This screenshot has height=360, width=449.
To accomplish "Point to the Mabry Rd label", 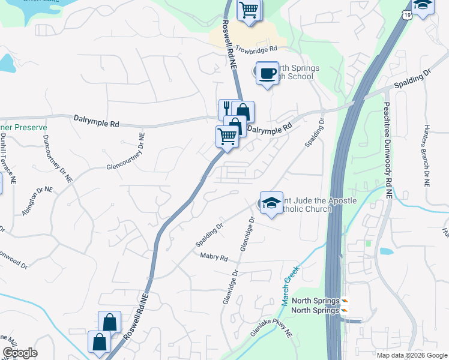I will click(x=215, y=258).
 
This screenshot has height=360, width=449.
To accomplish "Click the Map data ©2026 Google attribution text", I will click(x=411, y=355).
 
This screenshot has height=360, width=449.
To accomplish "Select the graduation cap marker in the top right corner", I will click(x=423, y=6).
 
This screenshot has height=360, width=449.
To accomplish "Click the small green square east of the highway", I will click(x=368, y=244).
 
